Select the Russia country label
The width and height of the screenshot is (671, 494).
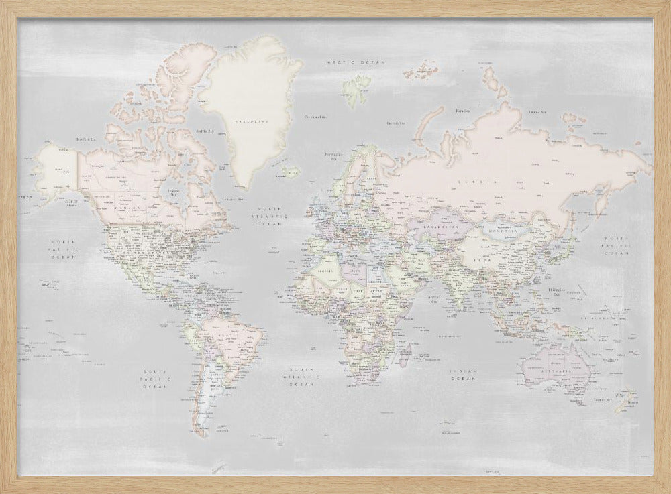coord(477,182)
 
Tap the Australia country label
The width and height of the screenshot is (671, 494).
coord(556,370)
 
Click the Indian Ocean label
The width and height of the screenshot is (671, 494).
coord(464,375)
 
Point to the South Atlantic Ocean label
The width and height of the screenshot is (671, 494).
coord(302,377)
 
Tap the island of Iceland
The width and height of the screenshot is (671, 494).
coord(291,172)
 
